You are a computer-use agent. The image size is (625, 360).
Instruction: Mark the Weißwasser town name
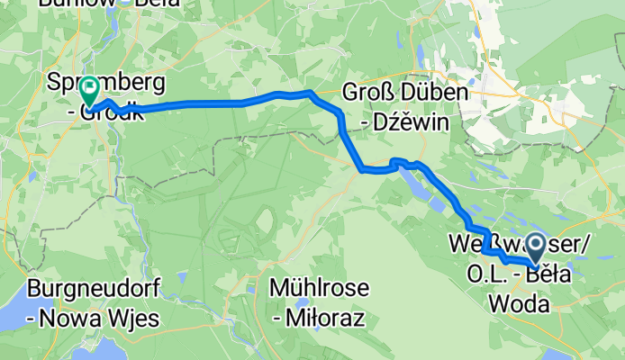(x=491, y=243)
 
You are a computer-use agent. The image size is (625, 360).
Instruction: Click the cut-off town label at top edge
(x=94, y=4)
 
